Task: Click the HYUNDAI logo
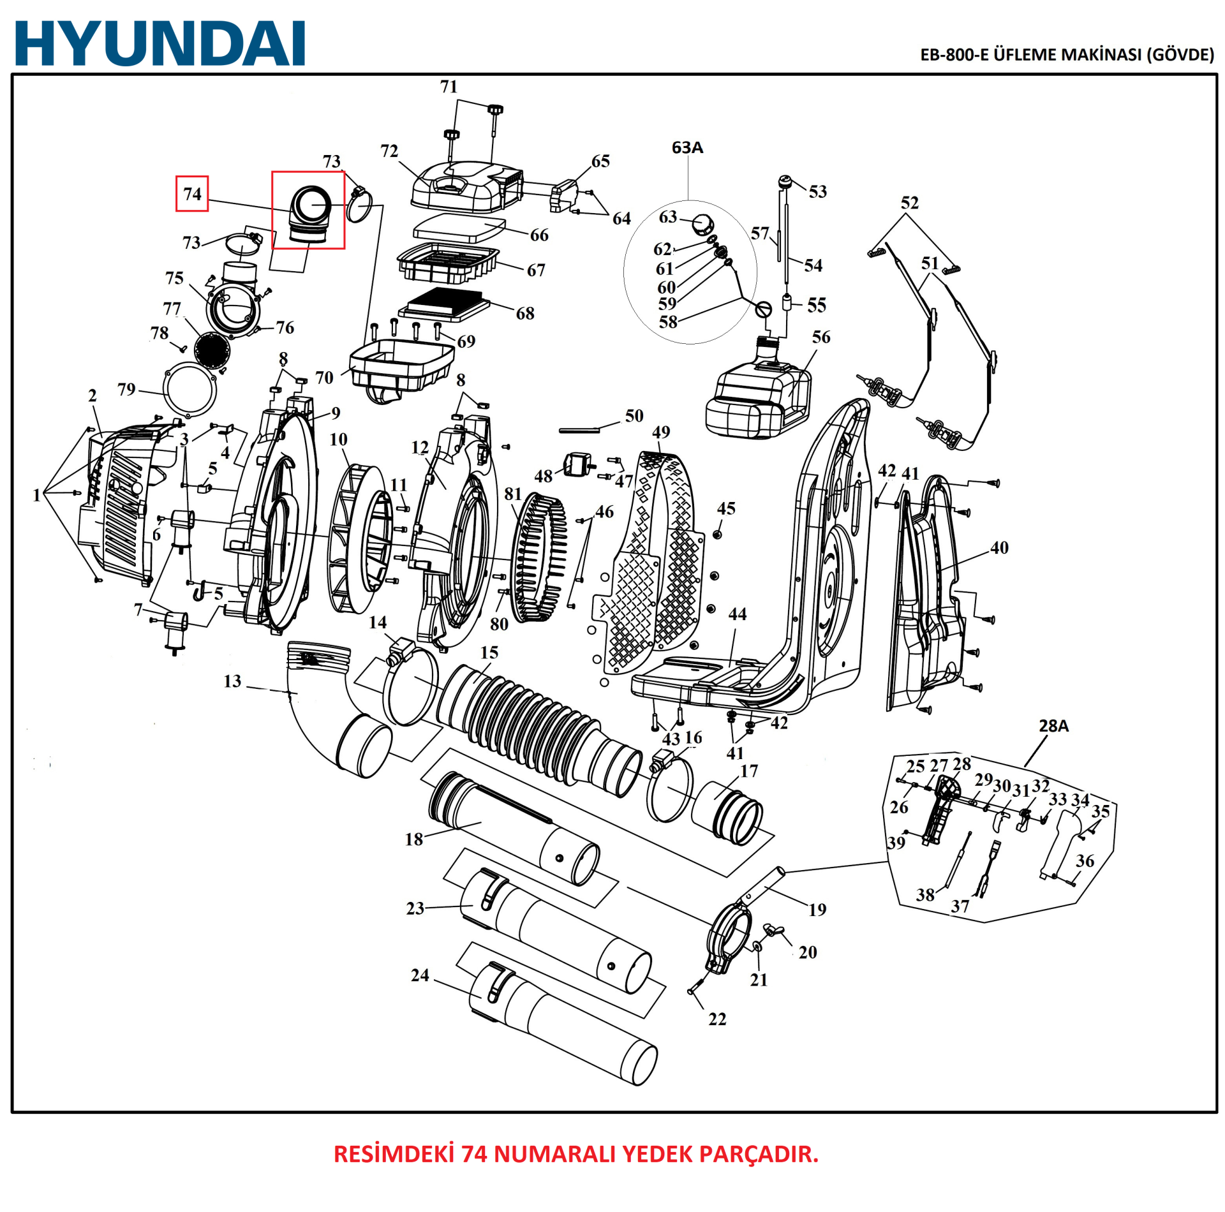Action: click(x=160, y=43)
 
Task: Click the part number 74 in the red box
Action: click(x=192, y=194)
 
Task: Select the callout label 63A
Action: click(x=687, y=148)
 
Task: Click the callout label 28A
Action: click(x=1053, y=726)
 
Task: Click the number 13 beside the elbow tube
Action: click(x=232, y=681)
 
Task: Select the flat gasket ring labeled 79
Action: click(x=190, y=389)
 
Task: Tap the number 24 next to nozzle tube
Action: click(x=420, y=975)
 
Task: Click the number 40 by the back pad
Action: click(x=999, y=547)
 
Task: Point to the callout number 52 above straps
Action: click(x=909, y=203)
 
